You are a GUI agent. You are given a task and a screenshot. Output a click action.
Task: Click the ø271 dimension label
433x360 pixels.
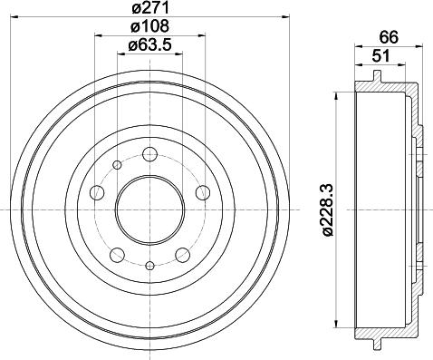(x=150, y=7)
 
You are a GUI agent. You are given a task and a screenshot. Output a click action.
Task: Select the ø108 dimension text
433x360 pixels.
(x=149, y=26)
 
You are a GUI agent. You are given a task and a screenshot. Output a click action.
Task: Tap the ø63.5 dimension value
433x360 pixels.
(x=150, y=45)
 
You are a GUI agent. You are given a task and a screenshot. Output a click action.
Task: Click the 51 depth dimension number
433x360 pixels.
(x=380, y=56)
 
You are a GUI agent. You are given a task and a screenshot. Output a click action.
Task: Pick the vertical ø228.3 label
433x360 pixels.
(x=328, y=209)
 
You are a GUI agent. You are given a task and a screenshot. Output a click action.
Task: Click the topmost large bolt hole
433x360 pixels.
(x=150, y=154)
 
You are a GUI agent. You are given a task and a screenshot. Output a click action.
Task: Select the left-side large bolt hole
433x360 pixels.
(x=98, y=192)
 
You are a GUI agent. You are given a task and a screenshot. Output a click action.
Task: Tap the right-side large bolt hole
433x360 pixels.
(x=203, y=192)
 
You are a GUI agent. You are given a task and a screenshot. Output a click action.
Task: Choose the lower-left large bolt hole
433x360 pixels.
(x=118, y=255)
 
